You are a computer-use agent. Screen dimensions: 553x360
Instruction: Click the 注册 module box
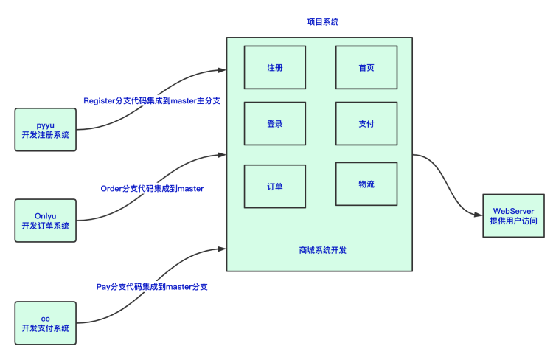point(275,67)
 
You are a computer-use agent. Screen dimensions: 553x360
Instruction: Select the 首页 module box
point(366,67)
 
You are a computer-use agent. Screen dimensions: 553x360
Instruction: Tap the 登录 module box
point(275,123)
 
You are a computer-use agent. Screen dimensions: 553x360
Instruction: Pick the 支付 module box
point(366,123)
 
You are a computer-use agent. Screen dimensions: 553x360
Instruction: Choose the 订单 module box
point(275,187)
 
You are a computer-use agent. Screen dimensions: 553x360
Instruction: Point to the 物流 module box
point(366,184)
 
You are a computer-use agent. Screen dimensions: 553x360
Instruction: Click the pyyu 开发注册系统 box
point(46,130)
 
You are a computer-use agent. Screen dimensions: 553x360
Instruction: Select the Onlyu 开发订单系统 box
point(46,221)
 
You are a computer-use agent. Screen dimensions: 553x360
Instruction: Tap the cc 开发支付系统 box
point(46,323)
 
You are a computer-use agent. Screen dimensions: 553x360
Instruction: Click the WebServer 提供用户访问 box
point(513,215)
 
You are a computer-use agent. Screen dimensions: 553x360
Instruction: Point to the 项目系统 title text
point(323,22)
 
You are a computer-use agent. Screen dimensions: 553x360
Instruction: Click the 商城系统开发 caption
point(323,250)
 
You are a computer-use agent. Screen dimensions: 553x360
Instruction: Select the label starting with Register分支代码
point(152,101)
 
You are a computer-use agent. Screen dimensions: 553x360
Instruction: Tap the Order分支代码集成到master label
point(152,189)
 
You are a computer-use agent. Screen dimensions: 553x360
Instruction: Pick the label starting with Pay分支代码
point(152,287)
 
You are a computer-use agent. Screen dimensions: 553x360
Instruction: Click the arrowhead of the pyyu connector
point(222,70)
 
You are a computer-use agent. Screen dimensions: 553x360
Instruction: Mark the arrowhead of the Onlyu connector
point(222,155)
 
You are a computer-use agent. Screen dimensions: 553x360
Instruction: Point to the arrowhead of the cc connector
point(222,249)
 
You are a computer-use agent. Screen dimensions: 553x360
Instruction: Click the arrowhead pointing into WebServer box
point(479,215)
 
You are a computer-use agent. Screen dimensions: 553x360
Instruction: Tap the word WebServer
point(513,211)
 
